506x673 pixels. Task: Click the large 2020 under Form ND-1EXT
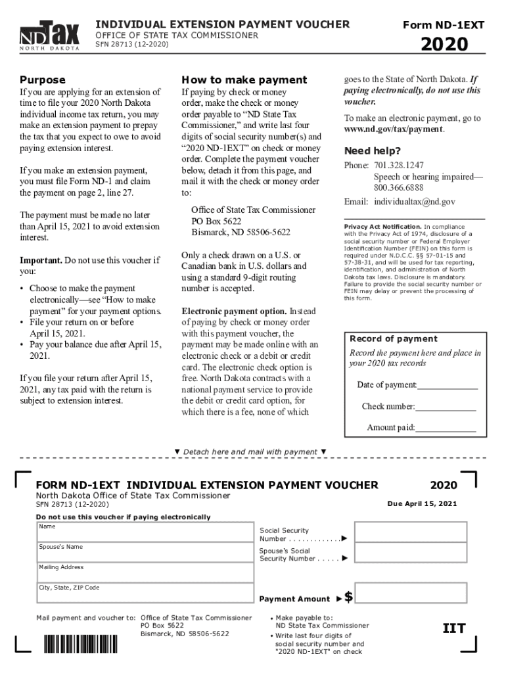pyautogui.click(x=444, y=45)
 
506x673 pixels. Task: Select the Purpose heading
pyautogui.click(x=43, y=80)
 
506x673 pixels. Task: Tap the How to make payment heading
pyautogui.click(x=244, y=80)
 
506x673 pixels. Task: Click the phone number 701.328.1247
pyautogui.click(x=399, y=165)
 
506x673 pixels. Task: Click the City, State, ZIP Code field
pyautogui.click(x=145, y=593)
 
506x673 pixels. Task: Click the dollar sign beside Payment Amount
pyautogui.click(x=349, y=597)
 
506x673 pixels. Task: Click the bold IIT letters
pyautogui.click(x=453, y=628)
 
